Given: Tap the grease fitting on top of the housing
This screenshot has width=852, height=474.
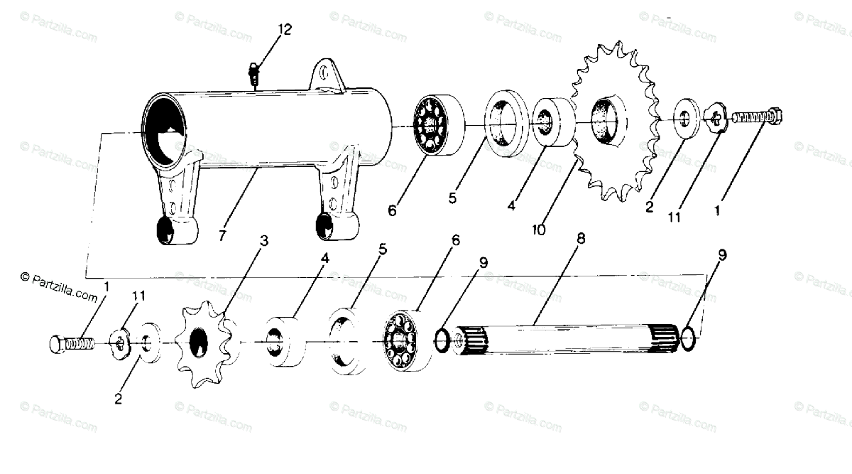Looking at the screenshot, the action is (253, 72).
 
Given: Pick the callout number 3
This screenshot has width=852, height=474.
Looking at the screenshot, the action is (264, 241).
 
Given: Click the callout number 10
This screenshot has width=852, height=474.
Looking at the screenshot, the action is (540, 230).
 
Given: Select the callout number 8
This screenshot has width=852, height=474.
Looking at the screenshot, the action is (581, 239).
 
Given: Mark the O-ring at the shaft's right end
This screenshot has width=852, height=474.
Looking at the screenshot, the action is (688, 339).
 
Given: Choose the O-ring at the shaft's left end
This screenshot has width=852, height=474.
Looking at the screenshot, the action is (442, 340).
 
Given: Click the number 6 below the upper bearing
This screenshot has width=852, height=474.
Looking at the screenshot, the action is (392, 210).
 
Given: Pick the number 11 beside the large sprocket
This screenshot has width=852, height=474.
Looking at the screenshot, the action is (674, 217).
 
